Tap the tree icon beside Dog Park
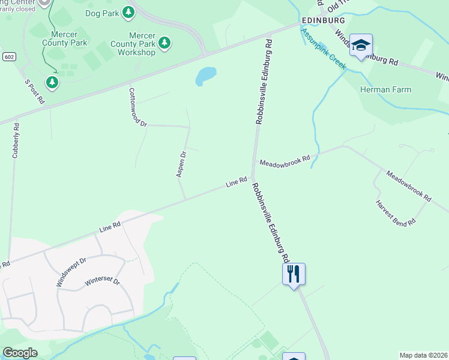point(128,12)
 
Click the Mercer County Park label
point(65,38)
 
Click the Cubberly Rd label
point(16,140)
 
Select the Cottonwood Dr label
point(137,107)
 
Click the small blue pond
point(205,76)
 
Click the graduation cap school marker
point(361,45)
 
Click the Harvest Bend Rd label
point(396,213)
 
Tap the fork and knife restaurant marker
point(294,274)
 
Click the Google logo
point(20,353)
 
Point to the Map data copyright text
point(423,355)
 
